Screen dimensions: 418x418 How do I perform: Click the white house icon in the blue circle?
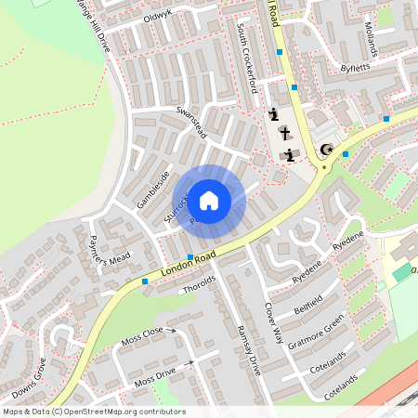[x=209, y=200]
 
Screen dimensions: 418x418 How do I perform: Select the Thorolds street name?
[x=200, y=284]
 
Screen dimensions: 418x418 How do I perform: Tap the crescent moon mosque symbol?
[x=325, y=150]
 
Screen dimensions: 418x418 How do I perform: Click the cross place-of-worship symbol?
[x=284, y=133]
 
